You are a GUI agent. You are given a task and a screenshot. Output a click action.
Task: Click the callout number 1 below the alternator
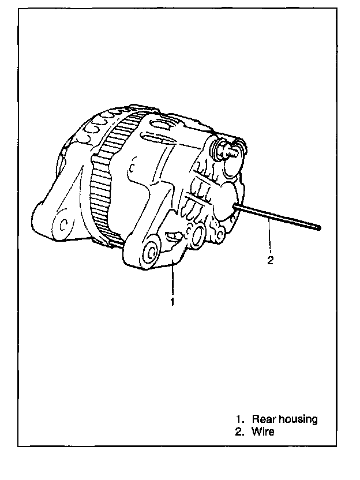point(172,301)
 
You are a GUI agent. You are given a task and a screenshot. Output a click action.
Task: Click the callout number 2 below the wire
point(270,260)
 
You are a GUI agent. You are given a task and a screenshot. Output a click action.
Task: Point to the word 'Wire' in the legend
point(262,432)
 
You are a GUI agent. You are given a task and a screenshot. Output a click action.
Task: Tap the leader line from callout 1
point(172,280)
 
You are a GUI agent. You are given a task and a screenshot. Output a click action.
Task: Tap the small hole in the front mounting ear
point(65,221)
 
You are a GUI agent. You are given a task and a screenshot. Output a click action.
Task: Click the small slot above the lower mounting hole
point(171,235)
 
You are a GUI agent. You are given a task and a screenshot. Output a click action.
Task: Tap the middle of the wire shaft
point(277,216)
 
